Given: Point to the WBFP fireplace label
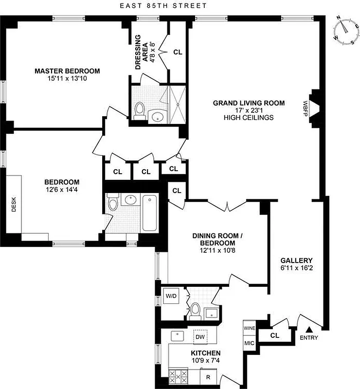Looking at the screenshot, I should pyautogui.click(x=306, y=107).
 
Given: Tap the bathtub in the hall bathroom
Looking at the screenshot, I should pyautogui.click(x=149, y=212).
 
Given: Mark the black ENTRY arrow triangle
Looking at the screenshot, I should pyautogui.click(x=308, y=331).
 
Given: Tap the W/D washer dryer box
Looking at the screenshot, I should pyautogui.click(x=171, y=296).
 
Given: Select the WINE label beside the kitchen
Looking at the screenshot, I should pyautogui.click(x=250, y=328).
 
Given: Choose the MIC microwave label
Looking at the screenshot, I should pyautogui.click(x=250, y=343).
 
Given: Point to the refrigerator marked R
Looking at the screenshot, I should pyautogui.click(x=208, y=376).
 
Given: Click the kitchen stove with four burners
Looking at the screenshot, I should pyautogui.click(x=179, y=376).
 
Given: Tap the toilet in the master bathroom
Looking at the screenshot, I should pyautogui.click(x=140, y=110).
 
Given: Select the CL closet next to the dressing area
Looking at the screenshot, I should pyautogui.click(x=178, y=52).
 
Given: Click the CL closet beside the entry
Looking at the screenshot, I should pyautogui.click(x=274, y=335).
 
